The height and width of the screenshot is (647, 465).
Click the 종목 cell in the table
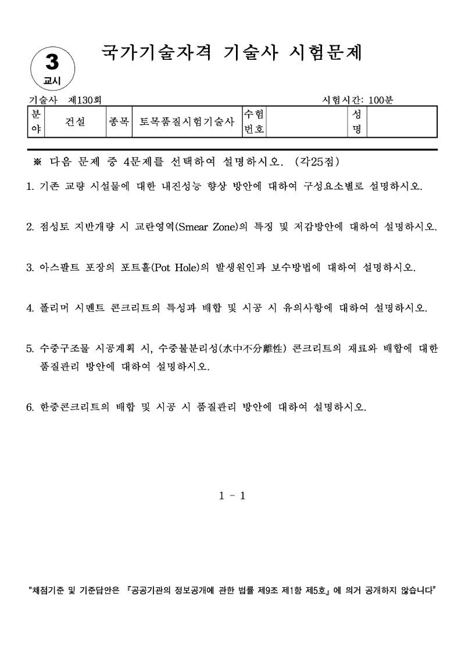coord(119,122)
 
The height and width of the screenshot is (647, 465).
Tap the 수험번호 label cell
coord(254,122)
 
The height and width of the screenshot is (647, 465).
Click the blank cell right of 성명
coord(401,122)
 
